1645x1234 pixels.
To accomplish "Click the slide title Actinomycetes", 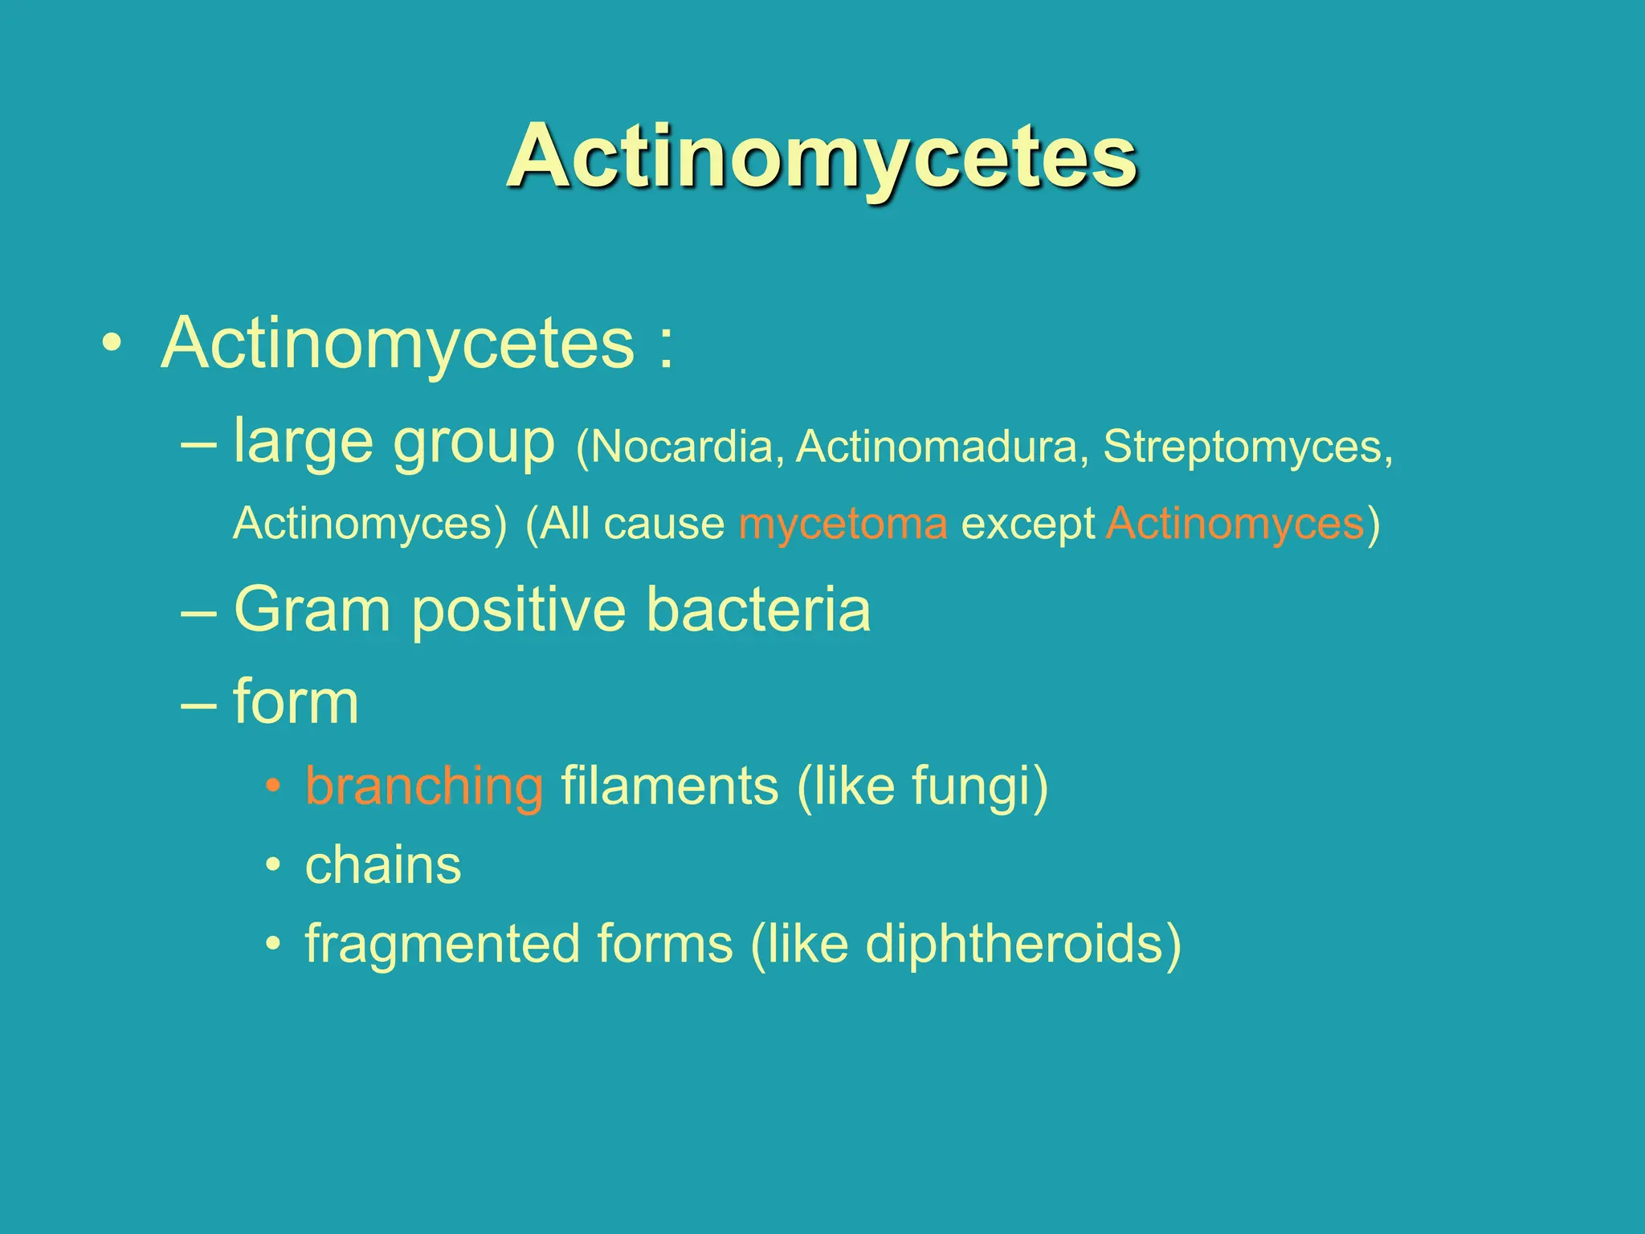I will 821,156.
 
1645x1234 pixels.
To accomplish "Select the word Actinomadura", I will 937,447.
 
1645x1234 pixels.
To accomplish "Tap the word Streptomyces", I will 1242,447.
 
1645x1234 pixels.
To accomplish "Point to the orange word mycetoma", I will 843,524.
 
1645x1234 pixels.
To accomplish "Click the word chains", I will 383,865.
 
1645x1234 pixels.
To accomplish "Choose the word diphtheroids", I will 1014,944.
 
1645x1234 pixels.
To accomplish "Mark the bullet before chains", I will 274,866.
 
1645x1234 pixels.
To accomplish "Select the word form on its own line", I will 296,701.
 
